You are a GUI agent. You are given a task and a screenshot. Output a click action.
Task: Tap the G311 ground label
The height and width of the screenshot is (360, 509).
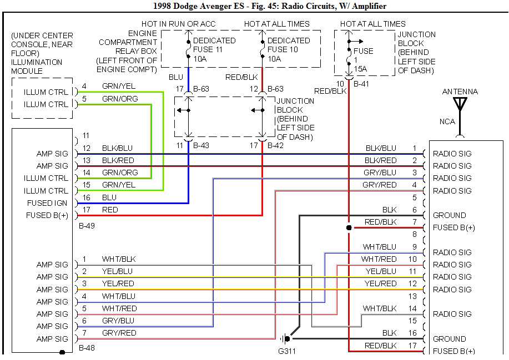coord(288,351)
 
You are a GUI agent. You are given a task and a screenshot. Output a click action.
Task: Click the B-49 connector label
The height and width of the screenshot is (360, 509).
coord(87,226)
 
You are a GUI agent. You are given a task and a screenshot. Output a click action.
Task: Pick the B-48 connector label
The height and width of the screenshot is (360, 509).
coord(87,348)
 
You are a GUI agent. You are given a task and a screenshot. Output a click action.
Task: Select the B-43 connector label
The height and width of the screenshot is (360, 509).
coord(202,146)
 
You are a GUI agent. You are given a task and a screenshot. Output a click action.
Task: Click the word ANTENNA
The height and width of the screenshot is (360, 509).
coord(460,92)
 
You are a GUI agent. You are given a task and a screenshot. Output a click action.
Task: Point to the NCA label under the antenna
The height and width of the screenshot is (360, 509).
coord(447,121)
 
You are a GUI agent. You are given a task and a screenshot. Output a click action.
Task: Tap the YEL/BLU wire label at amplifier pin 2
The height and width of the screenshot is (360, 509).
coord(118,271)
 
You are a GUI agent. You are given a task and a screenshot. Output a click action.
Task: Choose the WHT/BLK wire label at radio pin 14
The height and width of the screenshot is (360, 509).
coord(380,308)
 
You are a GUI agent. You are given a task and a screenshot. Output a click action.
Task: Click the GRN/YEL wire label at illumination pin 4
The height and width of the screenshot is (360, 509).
coord(118,86)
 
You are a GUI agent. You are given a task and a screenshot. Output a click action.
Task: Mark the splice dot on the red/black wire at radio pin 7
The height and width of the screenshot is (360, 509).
coord(349,227)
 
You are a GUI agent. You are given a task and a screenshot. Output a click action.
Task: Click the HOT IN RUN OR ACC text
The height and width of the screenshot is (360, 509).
coord(178,24)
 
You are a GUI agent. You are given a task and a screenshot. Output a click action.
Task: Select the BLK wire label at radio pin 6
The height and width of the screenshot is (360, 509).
coord(389,210)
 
